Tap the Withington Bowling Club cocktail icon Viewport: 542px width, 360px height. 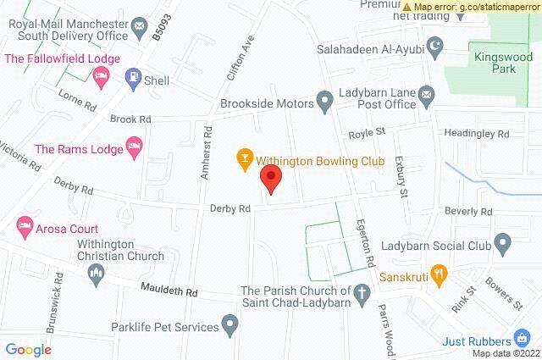coord(244,158)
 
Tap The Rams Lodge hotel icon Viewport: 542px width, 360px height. coord(134,149)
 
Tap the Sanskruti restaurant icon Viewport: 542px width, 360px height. coord(438,274)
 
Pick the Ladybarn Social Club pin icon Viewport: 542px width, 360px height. coord(502,246)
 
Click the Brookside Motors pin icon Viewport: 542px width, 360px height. coord(324,102)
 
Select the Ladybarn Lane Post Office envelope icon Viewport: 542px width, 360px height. coord(426,96)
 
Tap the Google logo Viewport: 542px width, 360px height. coord(29,350)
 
